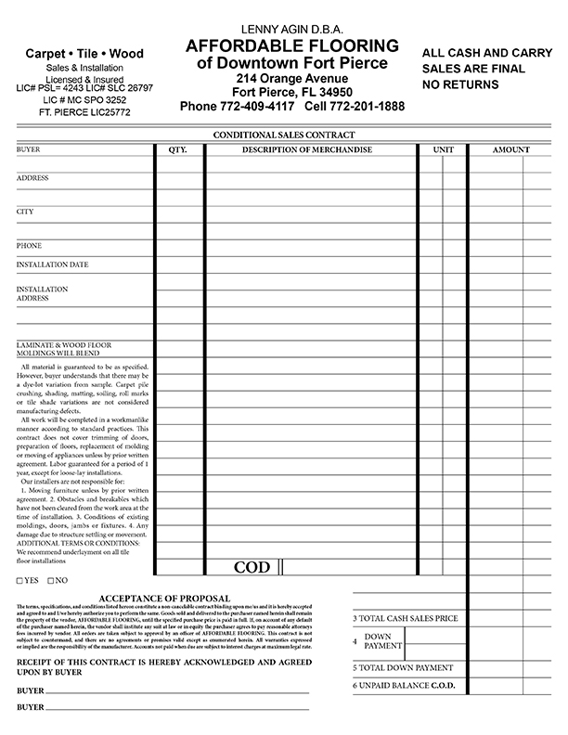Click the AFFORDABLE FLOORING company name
tap(292, 46)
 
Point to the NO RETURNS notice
tap(460, 84)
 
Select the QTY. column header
tap(178, 149)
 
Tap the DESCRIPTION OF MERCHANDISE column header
tap(307, 149)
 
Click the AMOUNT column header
tap(510, 149)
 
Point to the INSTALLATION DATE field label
tap(52, 264)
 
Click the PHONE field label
tap(29, 246)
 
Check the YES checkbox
tap(20, 581)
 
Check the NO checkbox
tap(49, 581)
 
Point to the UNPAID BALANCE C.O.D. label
tap(406, 685)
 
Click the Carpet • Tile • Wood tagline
tap(84, 54)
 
